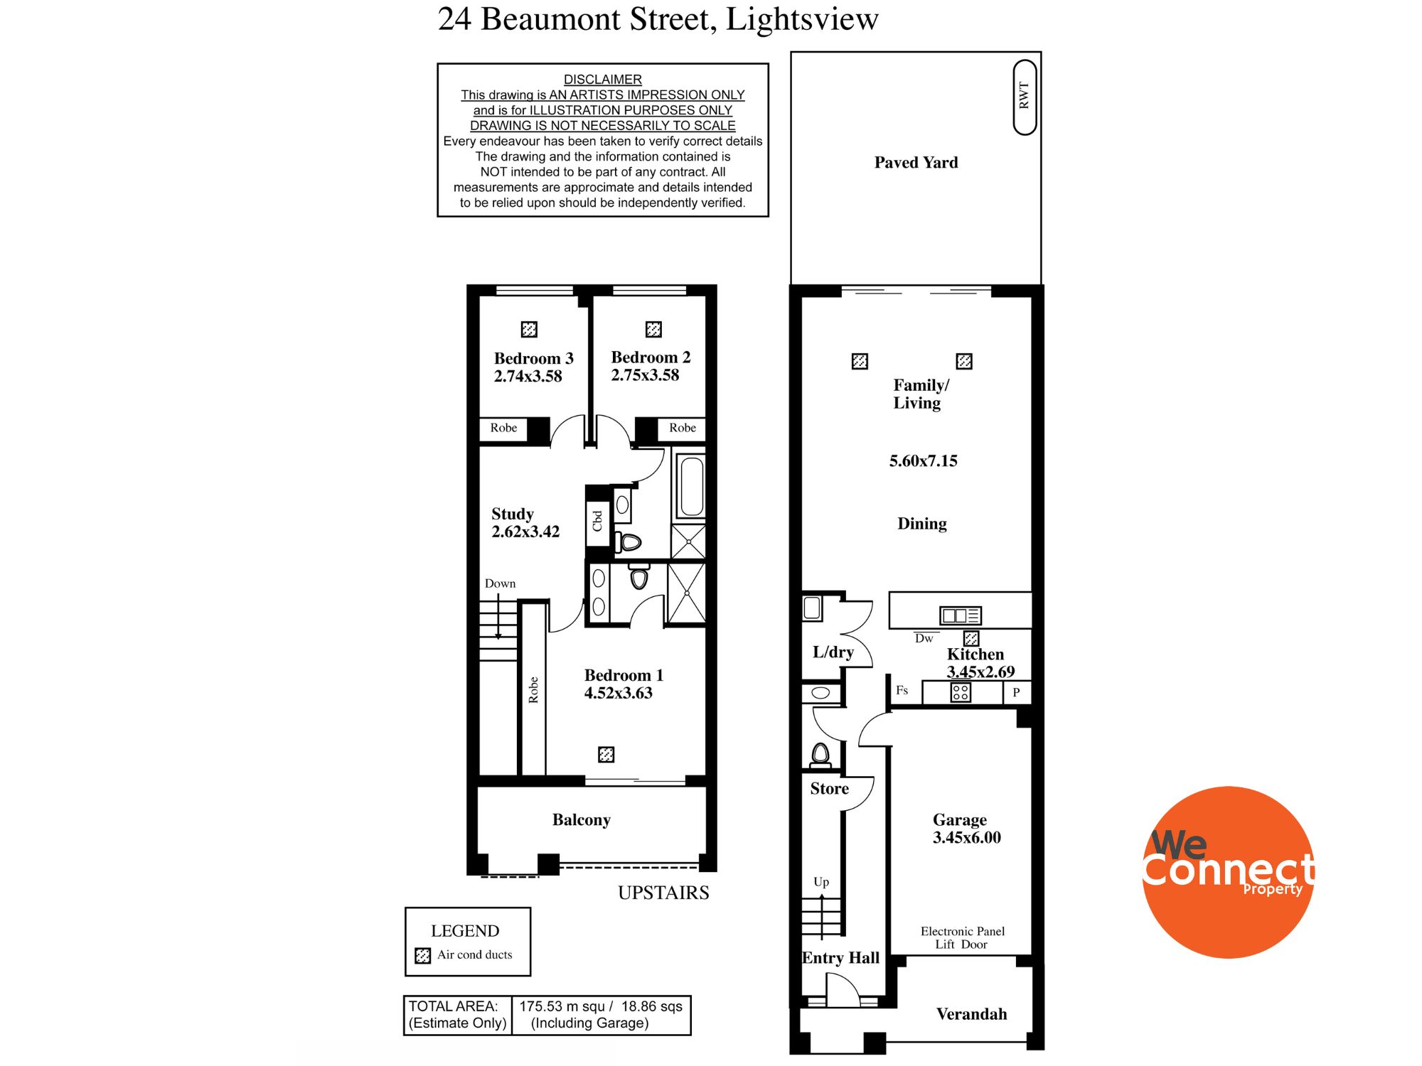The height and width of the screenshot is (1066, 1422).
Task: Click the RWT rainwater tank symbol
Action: [1025, 97]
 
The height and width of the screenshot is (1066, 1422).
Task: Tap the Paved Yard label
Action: [916, 163]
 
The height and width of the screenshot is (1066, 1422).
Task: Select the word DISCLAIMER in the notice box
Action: [602, 80]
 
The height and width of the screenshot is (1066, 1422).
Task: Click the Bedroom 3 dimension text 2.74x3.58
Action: [528, 377]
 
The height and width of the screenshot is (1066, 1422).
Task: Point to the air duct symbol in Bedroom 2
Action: [653, 329]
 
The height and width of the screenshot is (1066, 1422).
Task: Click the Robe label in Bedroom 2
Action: [682, 428]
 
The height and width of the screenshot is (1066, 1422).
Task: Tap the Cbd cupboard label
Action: [597, 521]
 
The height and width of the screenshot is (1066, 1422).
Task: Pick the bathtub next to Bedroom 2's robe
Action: [691, 487]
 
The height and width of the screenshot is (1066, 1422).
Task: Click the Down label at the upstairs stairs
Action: [500, 583]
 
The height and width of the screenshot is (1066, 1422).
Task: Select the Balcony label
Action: [581, 820]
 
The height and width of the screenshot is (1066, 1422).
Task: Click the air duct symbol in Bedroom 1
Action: [606, 754]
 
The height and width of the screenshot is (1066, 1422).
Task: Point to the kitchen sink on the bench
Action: [960, 615]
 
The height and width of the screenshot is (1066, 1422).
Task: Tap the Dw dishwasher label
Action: [924, 638]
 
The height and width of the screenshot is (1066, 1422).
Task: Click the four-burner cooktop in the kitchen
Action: [961, 692]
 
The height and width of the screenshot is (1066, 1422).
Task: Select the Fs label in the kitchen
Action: [902, 690]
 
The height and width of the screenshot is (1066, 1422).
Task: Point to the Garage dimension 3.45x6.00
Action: [966, 838]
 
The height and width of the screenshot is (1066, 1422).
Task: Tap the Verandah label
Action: [971, 1014]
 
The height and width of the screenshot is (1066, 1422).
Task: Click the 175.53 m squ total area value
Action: [562, 1006]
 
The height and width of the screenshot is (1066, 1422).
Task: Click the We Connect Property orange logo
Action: [1228, 872]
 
